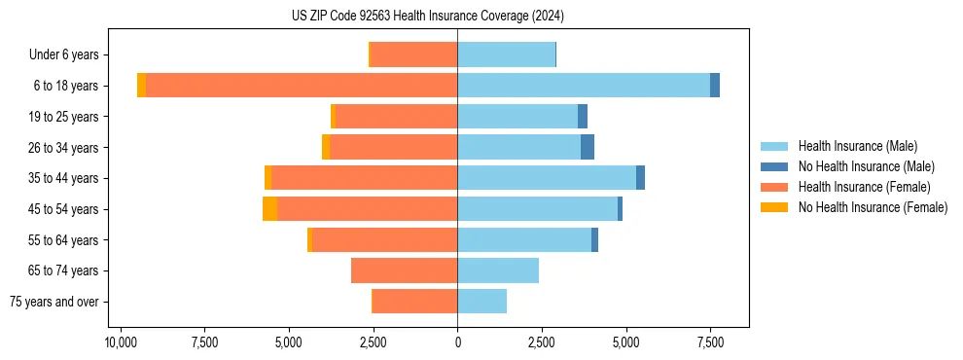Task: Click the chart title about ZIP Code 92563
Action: (427, 17)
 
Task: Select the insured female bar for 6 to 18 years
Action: (302, 86)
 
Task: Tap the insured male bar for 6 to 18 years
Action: (584, 86)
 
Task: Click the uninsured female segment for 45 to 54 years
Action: (269, 209)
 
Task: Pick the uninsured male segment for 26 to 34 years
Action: (588, 147)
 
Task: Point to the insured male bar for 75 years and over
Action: (481, 302)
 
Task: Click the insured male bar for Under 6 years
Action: (506, 54)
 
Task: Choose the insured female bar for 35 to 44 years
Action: (365, 178)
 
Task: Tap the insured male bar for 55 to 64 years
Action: (524, 239)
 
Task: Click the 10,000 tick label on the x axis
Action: (121, 343)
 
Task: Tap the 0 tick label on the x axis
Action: (457, 343)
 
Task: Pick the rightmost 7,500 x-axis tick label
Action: (709, 343)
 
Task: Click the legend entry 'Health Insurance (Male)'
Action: (857, 146)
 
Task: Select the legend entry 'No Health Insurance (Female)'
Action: (873, 207)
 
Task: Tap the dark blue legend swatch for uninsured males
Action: (774, 166)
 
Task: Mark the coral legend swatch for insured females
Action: (774, 187)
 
